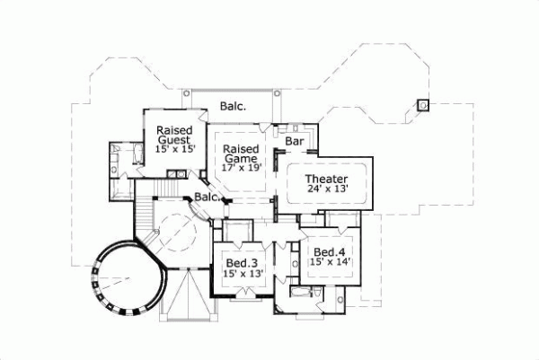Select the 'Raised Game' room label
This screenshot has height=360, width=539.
(x=241, y=154)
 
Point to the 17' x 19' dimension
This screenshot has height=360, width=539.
(x=241, y=167)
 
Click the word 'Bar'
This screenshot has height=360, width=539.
(x=294, y=142)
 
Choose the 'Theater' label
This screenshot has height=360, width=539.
(x=326, y=180)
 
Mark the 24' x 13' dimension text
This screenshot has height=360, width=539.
(x=326, y=192)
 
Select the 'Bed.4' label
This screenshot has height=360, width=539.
(x=330, y=250)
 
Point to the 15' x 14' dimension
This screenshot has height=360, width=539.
(x=330, y=262)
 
